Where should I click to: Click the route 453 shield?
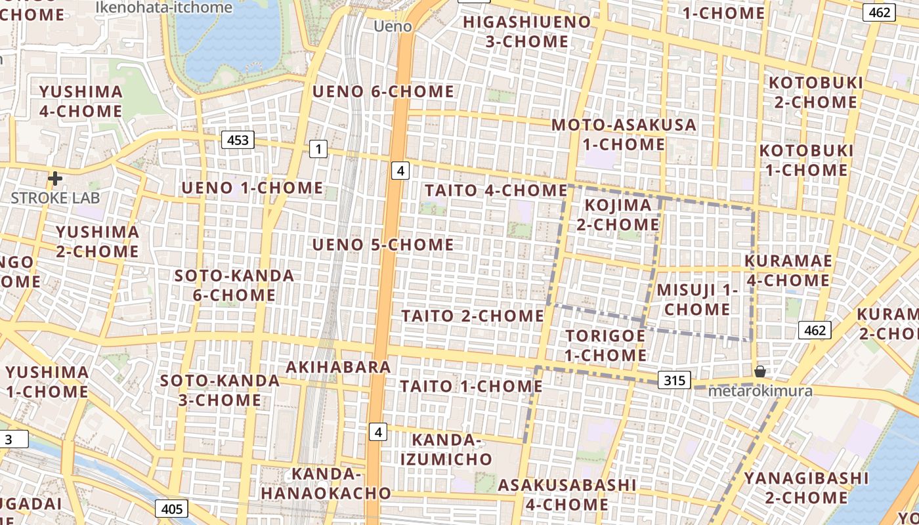coord(238,140)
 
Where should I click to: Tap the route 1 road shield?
coord(318,150)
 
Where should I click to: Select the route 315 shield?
coord(674,380)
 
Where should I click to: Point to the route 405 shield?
coord(172,509)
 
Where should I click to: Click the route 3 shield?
coord(9,439)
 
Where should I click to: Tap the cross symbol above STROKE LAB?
coord(55,178)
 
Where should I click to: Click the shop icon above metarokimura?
coord(759,371)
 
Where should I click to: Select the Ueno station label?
coord(393,26)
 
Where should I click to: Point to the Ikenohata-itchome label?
coord(163,7)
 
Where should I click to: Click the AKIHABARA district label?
coord(339,367)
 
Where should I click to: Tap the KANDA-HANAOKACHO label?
coord(326,483)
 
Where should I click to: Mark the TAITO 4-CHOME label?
coord(496,190)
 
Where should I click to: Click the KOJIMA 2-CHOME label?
coord(618,215)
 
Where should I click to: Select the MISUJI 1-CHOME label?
coord(697,299)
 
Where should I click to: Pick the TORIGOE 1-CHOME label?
coord(605,345)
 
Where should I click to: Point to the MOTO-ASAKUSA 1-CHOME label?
coord(623,134)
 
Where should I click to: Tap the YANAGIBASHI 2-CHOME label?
coord(805,488)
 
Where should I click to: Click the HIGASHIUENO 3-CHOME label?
coord(527,31)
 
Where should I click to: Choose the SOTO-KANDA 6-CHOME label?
coord(234,285)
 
